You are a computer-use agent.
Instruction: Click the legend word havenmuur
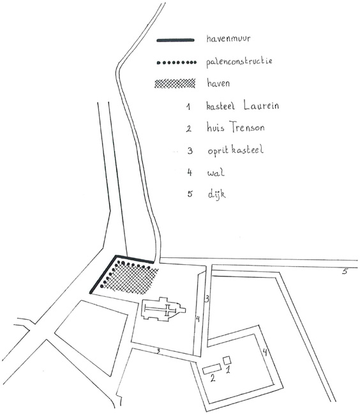tap(228, 39)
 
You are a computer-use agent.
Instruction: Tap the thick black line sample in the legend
tap(176, 40)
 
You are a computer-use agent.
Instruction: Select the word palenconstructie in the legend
tap(239, 62)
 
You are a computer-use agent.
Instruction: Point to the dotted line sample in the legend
tap(177, 63)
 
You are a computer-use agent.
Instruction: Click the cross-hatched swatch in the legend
tap(175, 83)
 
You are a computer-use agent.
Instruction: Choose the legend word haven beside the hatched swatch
tap(218, 83)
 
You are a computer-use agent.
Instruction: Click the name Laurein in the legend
tap(261, 105)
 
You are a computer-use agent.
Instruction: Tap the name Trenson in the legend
tap(247, 127)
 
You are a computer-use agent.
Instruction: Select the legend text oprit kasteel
tap(236, 150)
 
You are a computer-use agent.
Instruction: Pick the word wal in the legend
tap(216, 173)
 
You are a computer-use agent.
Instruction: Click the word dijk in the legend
tap(216, 194)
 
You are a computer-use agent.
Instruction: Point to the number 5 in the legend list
tap(190, 193)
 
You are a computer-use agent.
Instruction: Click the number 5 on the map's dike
tap(345, 271)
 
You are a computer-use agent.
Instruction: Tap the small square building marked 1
tap(227, 360)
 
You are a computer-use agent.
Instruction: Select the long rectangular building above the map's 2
tap(212, 368)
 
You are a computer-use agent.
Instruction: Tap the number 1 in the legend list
tap(188, 107)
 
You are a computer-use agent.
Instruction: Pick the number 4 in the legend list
tap(190, 172)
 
